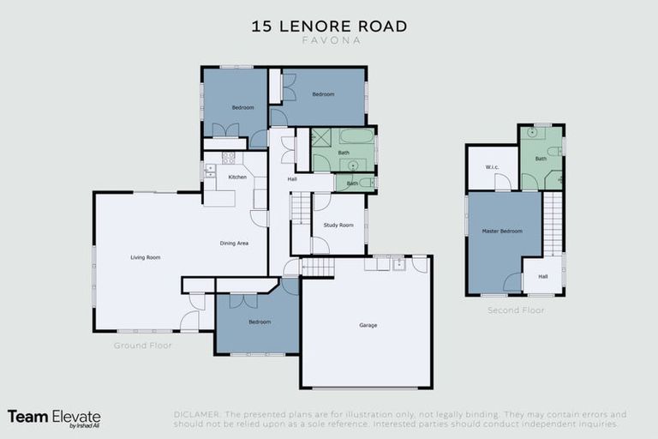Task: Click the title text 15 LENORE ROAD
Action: pos(329,26)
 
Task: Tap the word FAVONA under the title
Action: pos(329,40)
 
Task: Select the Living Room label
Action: pos(146,257)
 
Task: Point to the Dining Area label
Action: pos(234,244)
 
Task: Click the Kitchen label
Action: pos(237,177)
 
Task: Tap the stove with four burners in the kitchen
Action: pos(229,158)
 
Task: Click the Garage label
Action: pos(368,325)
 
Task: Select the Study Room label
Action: pos(338,226)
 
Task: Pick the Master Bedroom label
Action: pos(502,232)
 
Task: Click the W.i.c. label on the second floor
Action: pos(492,167)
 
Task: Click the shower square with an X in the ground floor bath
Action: pos(321,137)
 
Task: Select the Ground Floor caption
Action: pos(143,346)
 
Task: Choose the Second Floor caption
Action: pos(516,310)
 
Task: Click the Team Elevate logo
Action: pos(54,417)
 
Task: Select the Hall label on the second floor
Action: pos(542,276)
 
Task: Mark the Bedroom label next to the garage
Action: pos(260,322)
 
